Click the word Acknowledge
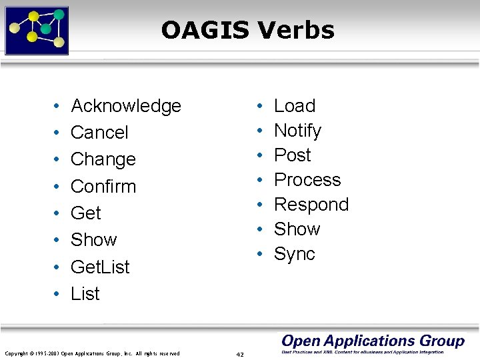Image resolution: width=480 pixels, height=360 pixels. tap(126, 106)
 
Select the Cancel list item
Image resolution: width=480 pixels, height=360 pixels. tap(99, 133)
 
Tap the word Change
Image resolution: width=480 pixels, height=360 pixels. tap(103, 159)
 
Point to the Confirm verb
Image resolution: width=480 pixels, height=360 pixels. tap(103, 186)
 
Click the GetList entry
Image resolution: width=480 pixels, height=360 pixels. tap(100, 267)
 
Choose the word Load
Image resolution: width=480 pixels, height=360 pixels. tap(295, 106)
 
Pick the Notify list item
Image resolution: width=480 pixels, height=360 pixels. tap(297, 131)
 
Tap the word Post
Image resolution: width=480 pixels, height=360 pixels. tap(293, 155)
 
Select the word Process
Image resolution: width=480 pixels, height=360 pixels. tap(307, 180)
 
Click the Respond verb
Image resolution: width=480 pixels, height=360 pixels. tap(311, 205)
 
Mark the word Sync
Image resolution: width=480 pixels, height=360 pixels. tap(295, 254)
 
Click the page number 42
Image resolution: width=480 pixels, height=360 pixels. tap(240, 354)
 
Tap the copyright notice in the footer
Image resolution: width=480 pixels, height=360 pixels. tap(92, 353)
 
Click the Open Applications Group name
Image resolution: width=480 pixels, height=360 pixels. tap(373, 341)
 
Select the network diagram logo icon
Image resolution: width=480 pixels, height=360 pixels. tap(37, 30)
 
